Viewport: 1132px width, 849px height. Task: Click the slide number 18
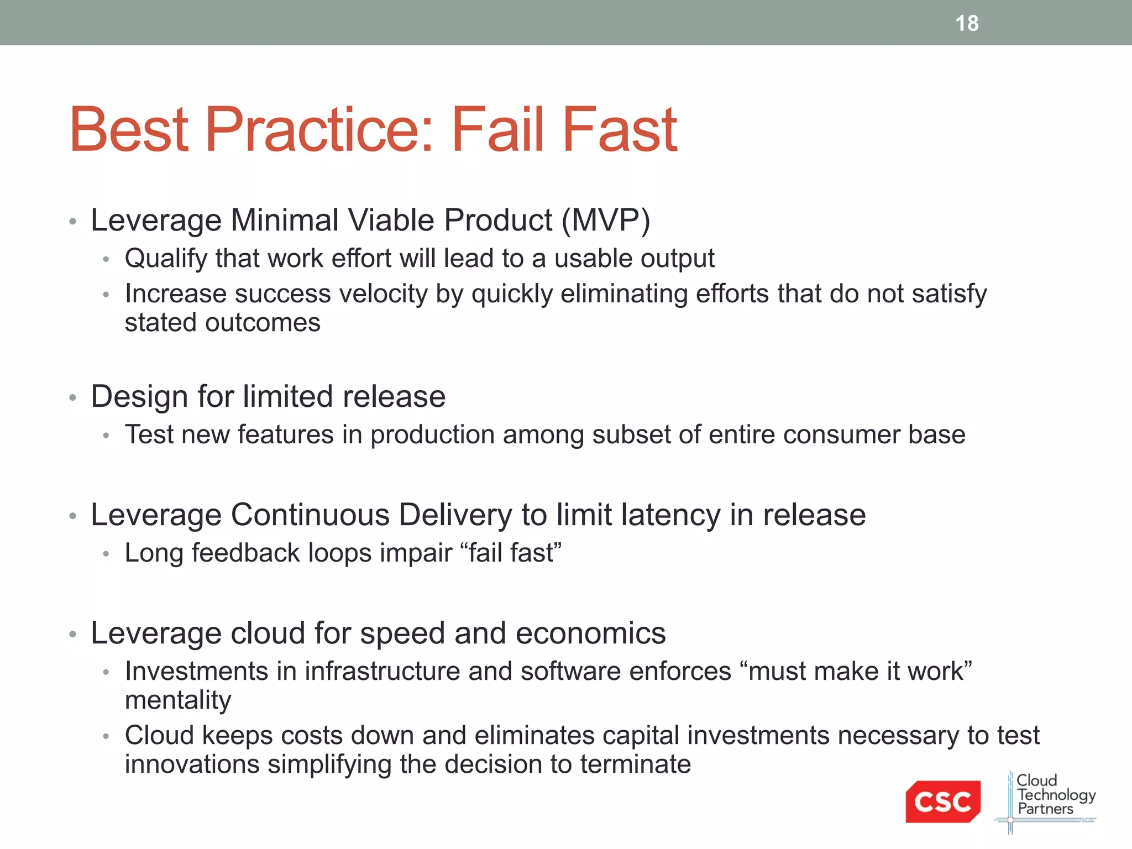[967, 23]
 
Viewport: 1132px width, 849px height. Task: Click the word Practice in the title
[319, 130]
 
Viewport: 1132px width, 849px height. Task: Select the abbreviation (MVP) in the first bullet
[606, 220]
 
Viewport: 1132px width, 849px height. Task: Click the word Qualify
[166, 259]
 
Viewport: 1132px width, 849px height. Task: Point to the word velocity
[384, 294]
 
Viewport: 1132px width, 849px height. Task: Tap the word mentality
[178, 700]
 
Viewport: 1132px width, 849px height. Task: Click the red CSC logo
[942, 801]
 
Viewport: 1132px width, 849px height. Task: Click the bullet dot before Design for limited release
[72, 397]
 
